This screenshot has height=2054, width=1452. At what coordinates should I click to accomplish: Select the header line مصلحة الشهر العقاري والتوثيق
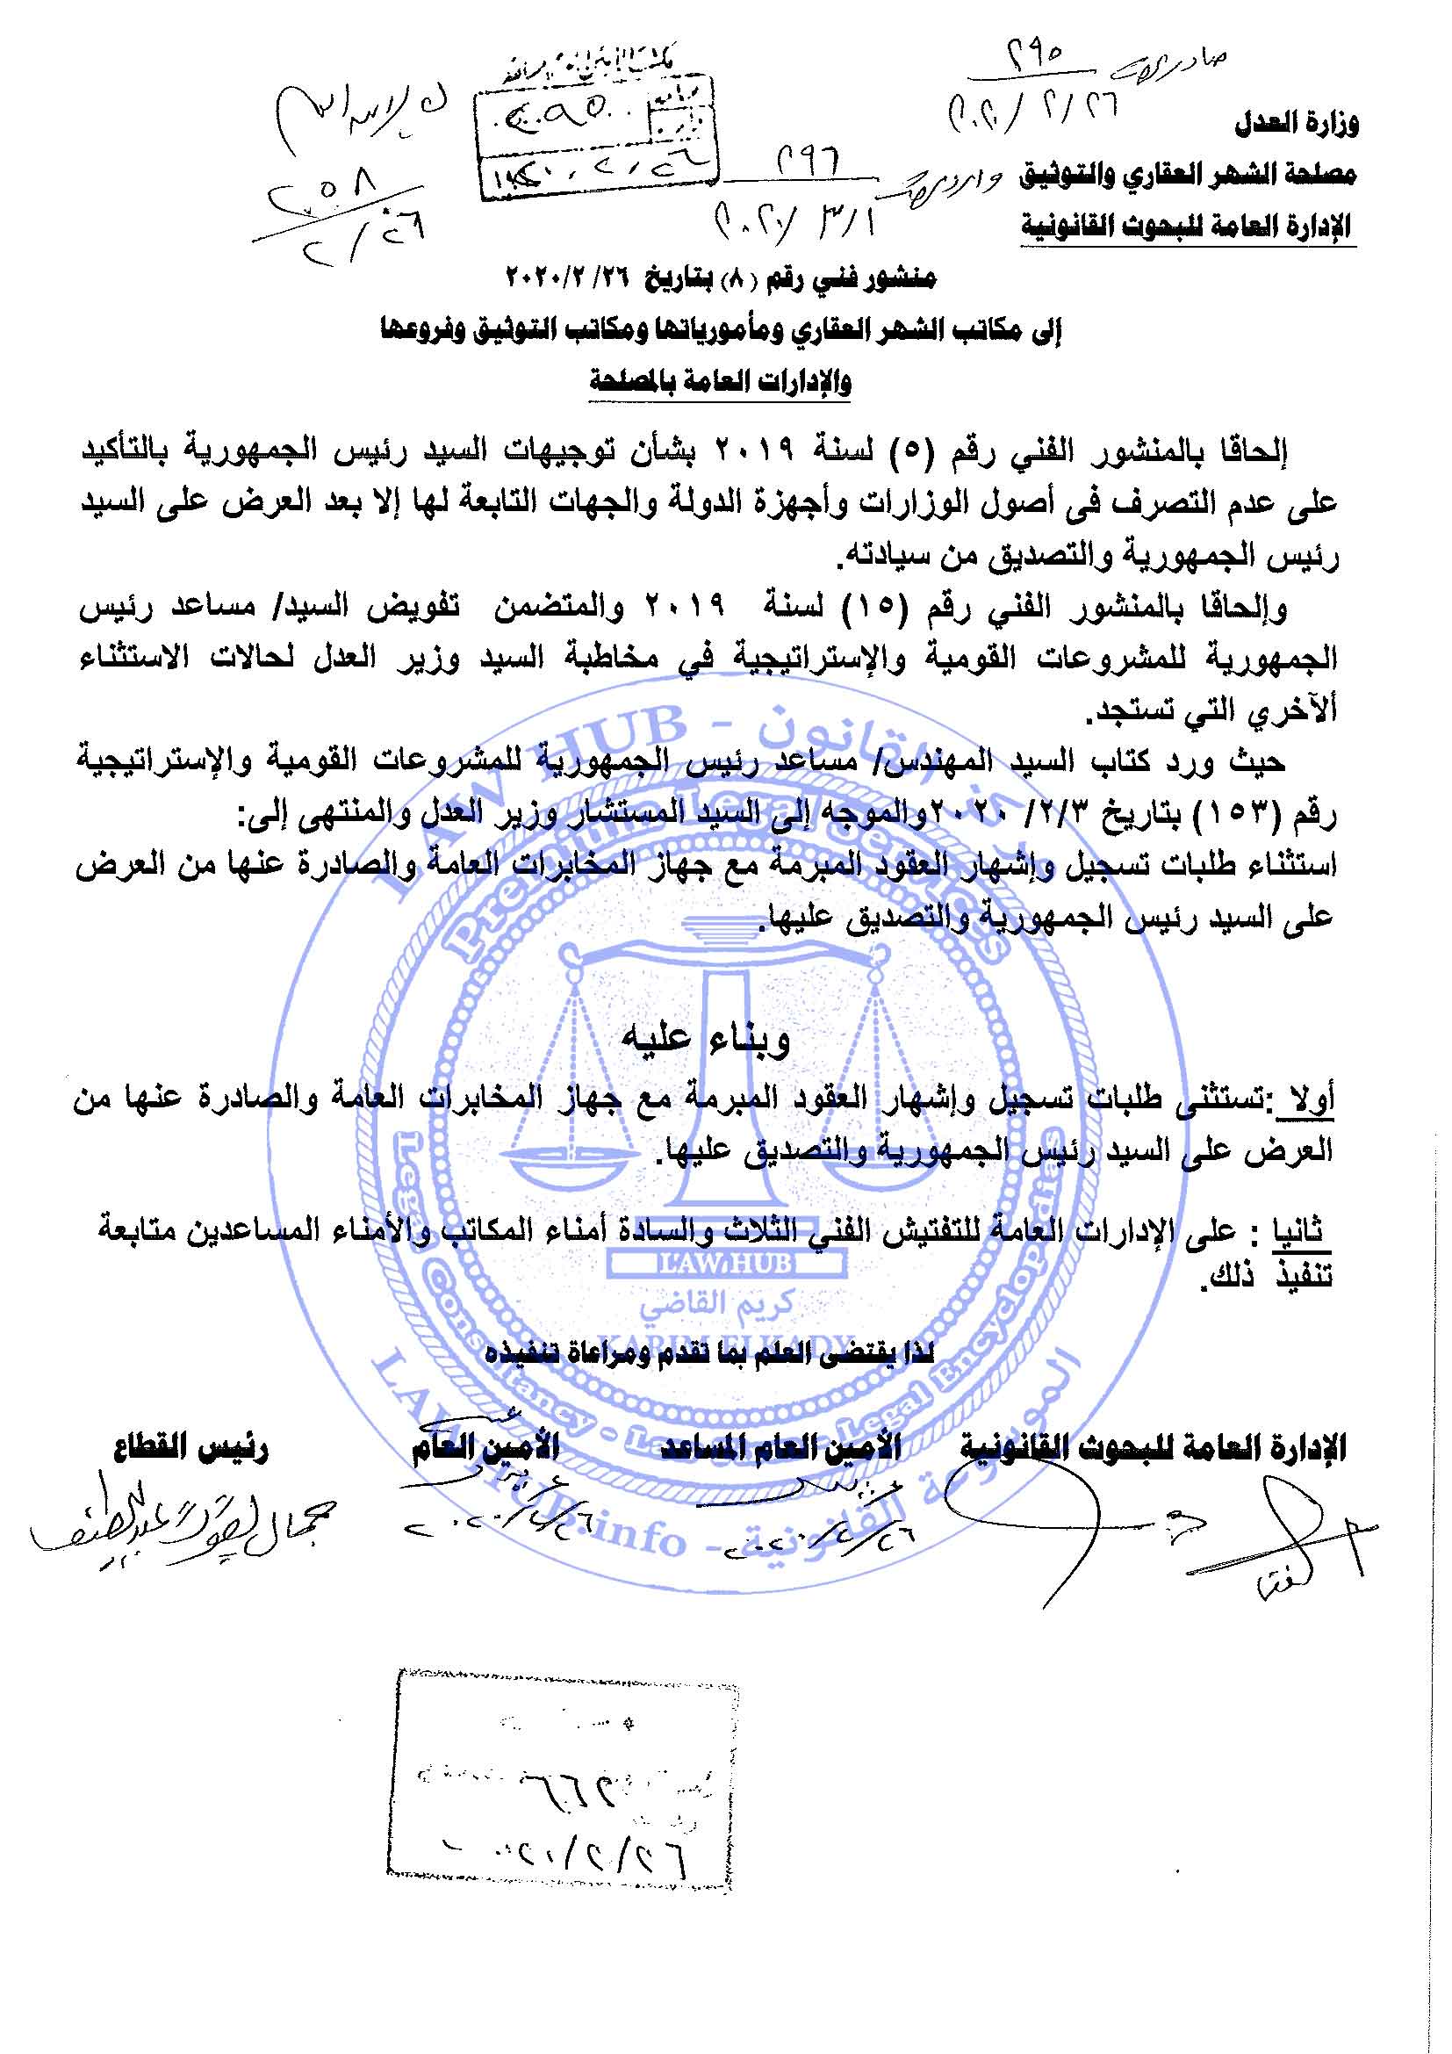click(1189, 175)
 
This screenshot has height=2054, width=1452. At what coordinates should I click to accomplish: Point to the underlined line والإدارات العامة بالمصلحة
click(720, 382)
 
